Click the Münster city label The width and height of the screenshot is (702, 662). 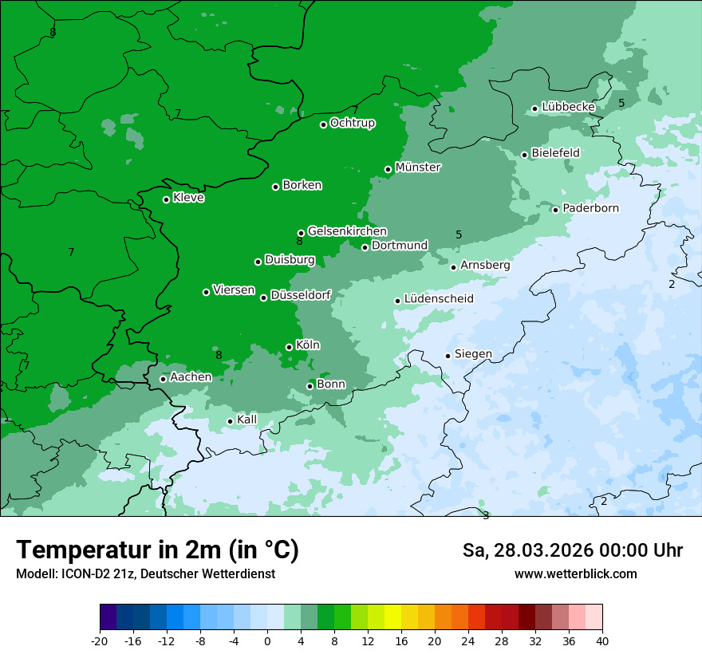click(x=418, y=167)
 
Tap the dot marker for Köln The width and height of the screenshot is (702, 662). click(x=289, y=347)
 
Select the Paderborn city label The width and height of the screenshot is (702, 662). click(x=590, y=208)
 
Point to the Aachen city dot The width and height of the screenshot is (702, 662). click(x=163, y=379)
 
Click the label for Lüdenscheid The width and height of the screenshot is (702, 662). click(x=439, y=299)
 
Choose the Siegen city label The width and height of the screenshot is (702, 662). click(x=473, y=354)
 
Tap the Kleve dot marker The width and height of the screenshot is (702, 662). click(x=166, y=199)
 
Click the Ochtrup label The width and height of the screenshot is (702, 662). click(x=353, y=123)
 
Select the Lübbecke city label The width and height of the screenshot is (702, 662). click(x=568, y=107)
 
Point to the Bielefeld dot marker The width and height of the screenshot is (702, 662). click(x=524, y=155)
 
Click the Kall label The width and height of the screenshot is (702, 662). click(x=247, y=420)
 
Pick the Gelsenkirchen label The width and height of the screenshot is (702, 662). click(x=347, y=231)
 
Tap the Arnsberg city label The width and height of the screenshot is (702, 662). click(x=485, y=265)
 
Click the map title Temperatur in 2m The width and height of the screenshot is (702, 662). click(x=157, y=550)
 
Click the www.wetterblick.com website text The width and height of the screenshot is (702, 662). click(x=575, y=573)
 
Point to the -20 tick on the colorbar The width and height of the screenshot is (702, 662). click(x=100, y=640)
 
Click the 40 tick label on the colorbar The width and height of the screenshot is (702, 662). click(x=602, y=640)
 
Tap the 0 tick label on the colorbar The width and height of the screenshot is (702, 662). click(x=267, y=640)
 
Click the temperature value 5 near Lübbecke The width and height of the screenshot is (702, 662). click(x=621, y=103)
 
